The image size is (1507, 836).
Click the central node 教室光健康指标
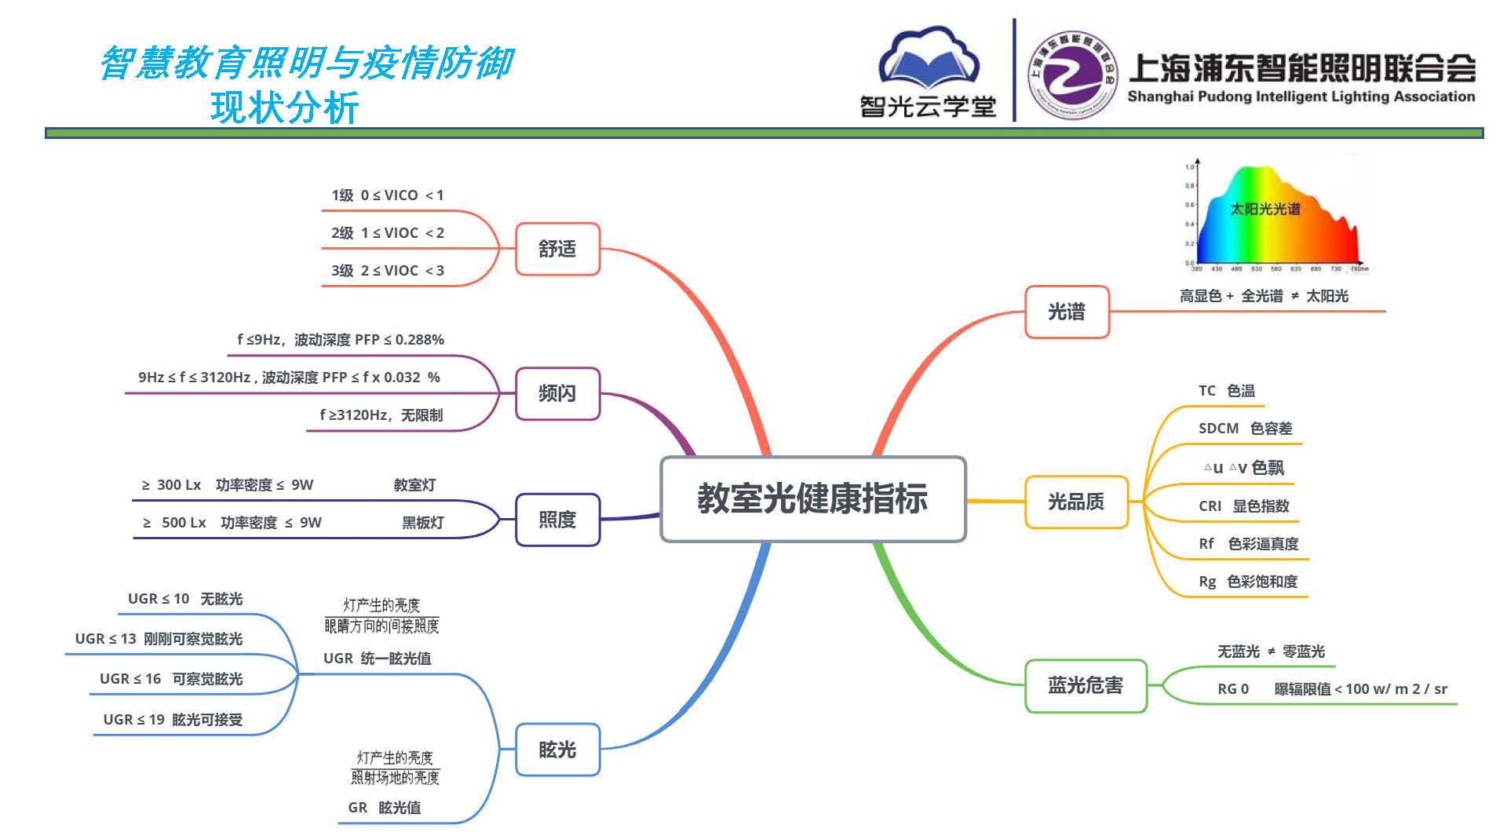coord(812,498)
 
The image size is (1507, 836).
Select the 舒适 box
coord(557,249)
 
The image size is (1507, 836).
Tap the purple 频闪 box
coord(557,393)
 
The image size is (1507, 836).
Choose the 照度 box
coord(557,520)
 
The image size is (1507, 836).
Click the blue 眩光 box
coord(557,750)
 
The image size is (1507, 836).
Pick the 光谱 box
coord(1067,312)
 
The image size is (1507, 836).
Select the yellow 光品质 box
coord(1076,502)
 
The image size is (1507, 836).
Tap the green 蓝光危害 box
coord(1086,685)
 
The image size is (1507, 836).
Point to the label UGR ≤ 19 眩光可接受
coord(173,719)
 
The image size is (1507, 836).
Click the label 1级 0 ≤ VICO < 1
coord(387,195)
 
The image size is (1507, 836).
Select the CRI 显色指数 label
coord(1243,506)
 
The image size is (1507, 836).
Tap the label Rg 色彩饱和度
coord(1248,581)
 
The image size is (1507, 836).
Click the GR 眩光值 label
coord(384,807)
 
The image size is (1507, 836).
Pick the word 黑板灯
coord(422,522)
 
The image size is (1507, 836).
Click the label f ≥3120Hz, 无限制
coord(381,414)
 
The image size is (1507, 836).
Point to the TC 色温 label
coord(1226,390)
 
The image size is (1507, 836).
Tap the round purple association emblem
coord(1073,75)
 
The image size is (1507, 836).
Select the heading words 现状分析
coord(284,108)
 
